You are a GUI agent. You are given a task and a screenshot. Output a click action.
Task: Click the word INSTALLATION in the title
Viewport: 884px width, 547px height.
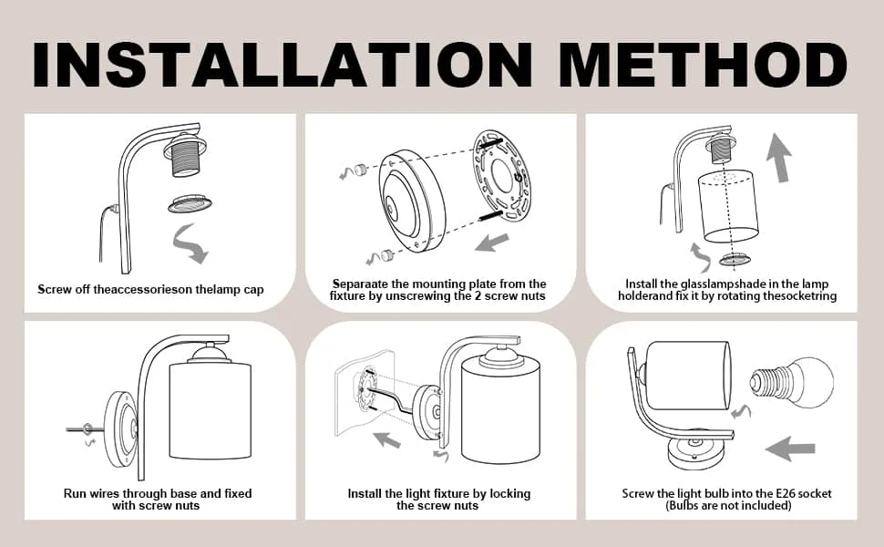283,64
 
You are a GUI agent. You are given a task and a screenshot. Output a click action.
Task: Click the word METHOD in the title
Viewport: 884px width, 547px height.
703,64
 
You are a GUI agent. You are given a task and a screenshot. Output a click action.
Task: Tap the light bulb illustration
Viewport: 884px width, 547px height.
791,381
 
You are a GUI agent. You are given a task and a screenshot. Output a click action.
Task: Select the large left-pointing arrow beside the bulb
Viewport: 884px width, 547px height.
790,449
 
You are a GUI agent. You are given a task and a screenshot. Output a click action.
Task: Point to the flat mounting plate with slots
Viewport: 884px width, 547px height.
501,175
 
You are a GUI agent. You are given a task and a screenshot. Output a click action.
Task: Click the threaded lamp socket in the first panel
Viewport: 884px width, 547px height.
185,154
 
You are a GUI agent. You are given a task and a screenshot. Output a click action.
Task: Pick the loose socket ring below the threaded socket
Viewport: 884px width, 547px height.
190,203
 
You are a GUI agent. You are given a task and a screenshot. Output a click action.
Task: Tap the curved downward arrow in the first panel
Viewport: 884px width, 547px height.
190,243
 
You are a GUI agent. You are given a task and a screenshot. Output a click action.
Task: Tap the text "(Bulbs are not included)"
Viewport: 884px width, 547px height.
728,505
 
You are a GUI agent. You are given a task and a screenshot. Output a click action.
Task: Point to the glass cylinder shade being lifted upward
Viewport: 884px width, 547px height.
728,205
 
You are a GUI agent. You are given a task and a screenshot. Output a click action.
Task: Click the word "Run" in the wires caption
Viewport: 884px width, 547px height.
75,493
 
